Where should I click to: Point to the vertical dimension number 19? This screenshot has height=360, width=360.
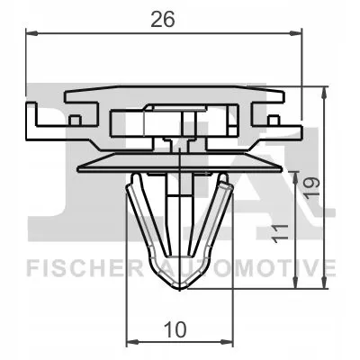(x=311, y=186)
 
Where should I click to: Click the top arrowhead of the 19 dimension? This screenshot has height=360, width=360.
(x=323, y=90)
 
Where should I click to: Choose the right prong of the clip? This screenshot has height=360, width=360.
(x=216, y=216)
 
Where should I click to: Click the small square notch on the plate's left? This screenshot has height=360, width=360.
(x=76, y=118)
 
